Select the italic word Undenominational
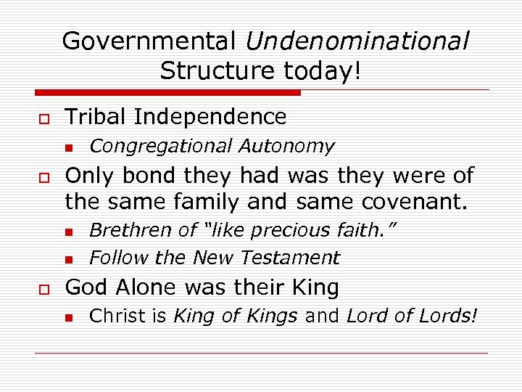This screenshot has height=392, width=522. click(x=357, y=41)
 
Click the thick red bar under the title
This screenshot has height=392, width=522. click(x=167, y=93)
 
